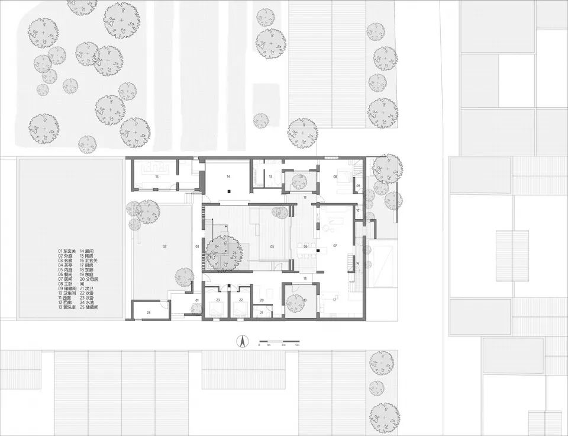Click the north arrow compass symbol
241,342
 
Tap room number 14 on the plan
228,177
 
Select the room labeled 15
157,177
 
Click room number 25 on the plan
149,312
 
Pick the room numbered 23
218,300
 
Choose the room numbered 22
241,300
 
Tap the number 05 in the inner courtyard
272,246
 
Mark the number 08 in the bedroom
335,177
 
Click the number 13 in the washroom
269,177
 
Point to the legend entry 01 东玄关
69,251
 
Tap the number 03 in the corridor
198,245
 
